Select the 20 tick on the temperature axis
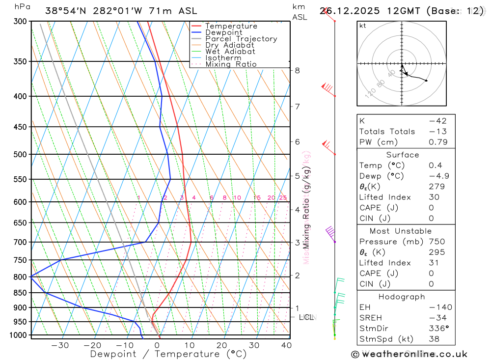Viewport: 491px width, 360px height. [x=221, y=345]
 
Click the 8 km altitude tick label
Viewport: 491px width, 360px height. [x=297, y=70]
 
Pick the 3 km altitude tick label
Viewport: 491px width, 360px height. [x=297, y=243]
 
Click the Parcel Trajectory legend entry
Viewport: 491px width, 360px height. [x=241, y=39]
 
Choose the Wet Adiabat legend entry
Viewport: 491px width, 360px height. [x=230, y=52]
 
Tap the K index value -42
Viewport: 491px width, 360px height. [x=435, y=121]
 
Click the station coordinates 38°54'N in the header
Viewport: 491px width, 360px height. [x=67, y=11]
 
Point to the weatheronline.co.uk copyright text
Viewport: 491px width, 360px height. [x=409, y=354]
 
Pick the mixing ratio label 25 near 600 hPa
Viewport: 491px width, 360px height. [x=283, y=198]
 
